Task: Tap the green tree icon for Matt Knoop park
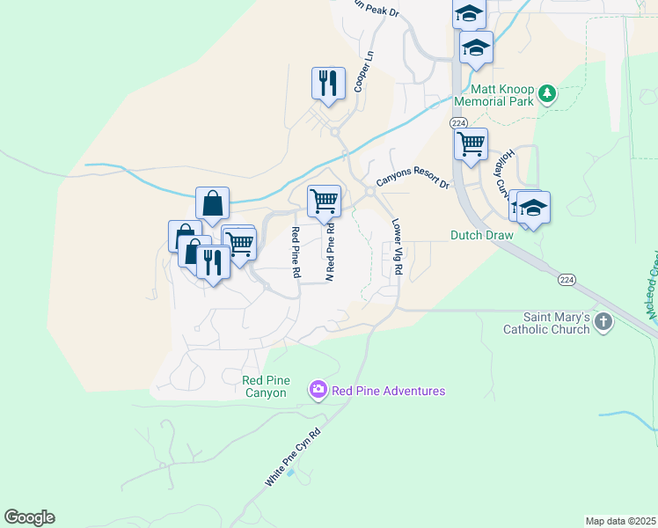tap(547, 92)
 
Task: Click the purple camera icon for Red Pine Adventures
tap(318, 389)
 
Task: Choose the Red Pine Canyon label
tap(265, 386)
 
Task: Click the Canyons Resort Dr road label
tap(413, 181)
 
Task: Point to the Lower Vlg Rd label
tap(397, 250)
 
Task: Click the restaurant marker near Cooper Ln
tap(328, 84)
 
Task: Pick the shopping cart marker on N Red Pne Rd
tap(324, 201)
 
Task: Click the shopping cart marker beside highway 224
tap(471, 143)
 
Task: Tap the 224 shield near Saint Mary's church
tap(567, 279)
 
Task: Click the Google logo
tap(29, 517)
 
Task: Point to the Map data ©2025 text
tap(621, 521)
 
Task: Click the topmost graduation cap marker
tap(469, 13)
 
